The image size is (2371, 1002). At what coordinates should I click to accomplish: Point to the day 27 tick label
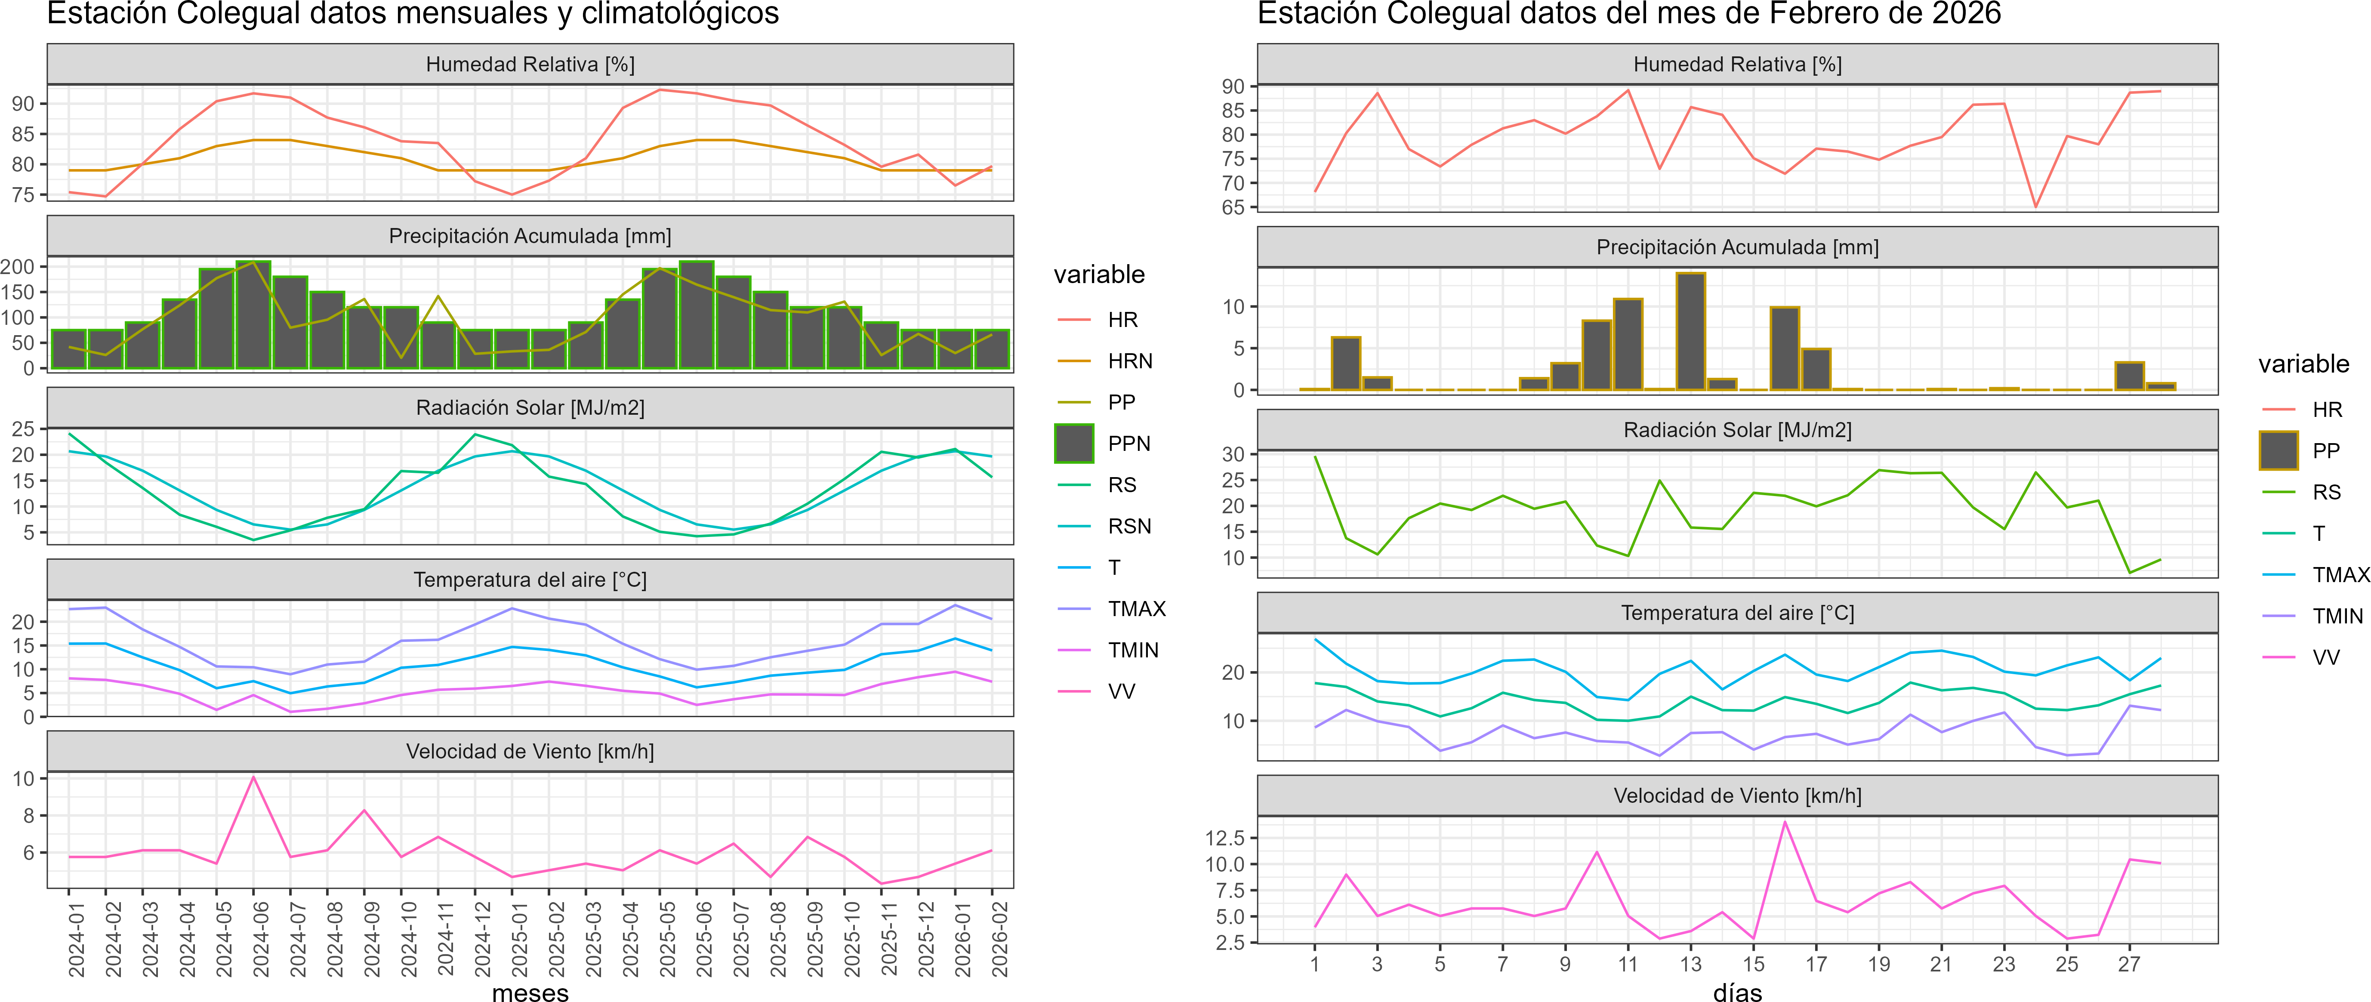click(x=2129, y=964)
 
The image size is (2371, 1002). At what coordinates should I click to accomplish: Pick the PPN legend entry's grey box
click(x=1073, y=444)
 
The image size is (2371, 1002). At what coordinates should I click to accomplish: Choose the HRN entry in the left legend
click(x=1129, y=361)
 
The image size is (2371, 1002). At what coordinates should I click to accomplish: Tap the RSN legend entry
click(x=1128, y=526)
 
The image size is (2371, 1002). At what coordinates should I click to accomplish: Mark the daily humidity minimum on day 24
click(x=2035, y=206)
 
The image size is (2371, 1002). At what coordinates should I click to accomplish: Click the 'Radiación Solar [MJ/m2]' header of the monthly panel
click(x=530, y=407)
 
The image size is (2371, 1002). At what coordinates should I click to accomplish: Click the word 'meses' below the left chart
click(x=530, y=992)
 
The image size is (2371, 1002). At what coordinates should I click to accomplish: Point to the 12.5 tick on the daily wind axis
click(x=1224, y=837)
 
